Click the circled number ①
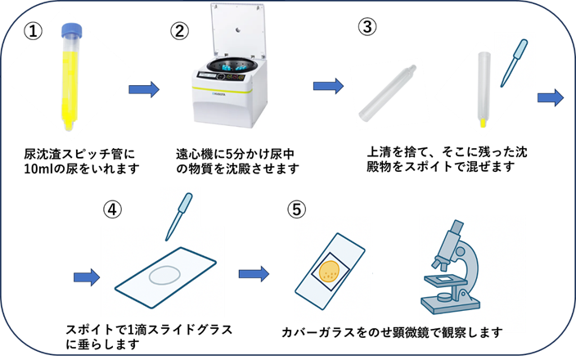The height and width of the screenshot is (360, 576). (32, 30)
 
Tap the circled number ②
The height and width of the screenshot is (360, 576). (178, 30)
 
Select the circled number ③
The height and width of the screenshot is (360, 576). (367, 26)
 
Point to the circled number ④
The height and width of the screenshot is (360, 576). (113, 209)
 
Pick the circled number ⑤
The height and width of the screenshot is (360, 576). (298, 209)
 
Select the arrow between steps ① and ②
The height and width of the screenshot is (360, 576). (145, 88)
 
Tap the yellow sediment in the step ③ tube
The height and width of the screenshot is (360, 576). (484, 123)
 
